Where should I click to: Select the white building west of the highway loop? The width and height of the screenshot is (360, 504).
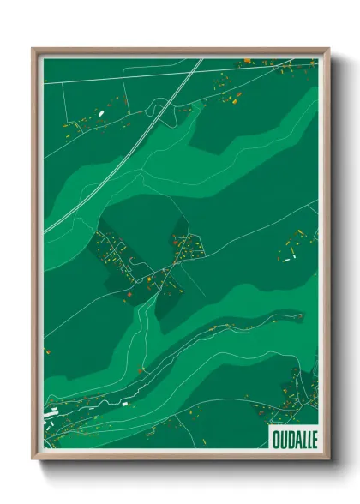(100, 112)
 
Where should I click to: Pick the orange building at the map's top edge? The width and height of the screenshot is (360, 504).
(247, 61)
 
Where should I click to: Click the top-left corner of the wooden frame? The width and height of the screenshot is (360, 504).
(33, 49)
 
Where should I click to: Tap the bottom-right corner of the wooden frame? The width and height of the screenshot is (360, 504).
(328, 460)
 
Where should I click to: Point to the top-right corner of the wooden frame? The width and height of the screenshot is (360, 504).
(328, 49)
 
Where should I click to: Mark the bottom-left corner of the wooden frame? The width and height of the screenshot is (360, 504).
(33, 460)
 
